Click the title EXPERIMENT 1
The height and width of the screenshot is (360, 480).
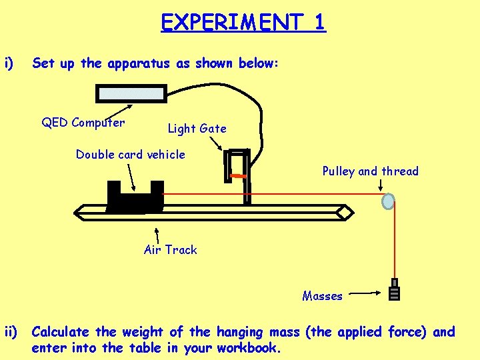pos(243,22)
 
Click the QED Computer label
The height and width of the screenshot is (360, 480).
pos(83,122)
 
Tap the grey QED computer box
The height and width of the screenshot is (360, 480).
pos(131,93)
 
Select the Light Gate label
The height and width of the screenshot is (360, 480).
pos(197,128)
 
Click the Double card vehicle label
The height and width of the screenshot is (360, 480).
pos(130,155)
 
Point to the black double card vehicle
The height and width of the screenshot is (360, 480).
pos(135,197)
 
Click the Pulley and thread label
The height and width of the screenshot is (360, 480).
pos(370,171)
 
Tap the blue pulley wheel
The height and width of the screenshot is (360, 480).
pos(388,201)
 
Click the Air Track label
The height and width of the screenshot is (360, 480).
pos(171,250)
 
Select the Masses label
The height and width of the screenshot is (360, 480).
pos(322,296)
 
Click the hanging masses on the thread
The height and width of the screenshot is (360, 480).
pos(395,290)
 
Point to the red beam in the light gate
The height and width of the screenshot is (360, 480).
pos(238,176)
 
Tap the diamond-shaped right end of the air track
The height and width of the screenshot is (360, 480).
pos(345,212)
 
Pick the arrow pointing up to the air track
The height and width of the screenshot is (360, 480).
pos(157,234)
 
